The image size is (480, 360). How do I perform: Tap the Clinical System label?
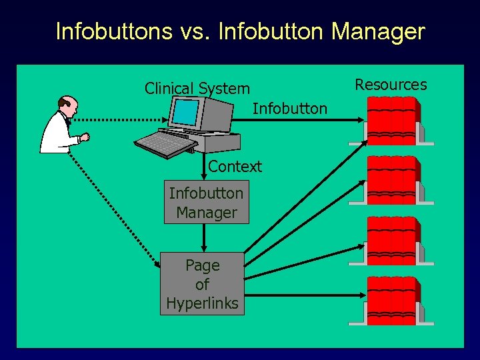tap(197, 89)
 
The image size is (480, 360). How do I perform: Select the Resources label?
tap(391, 85)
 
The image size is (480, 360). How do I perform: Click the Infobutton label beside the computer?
tap(290, 108)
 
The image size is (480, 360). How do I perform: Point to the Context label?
tap(235, 167)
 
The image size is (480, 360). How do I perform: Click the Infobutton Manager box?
tap(206, 203)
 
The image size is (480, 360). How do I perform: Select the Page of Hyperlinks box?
tap(203, 285)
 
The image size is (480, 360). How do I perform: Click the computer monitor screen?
tap(186, 111)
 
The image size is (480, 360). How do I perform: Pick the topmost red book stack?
tap(391, 118)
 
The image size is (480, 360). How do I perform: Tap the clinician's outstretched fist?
tap(85, 137)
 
